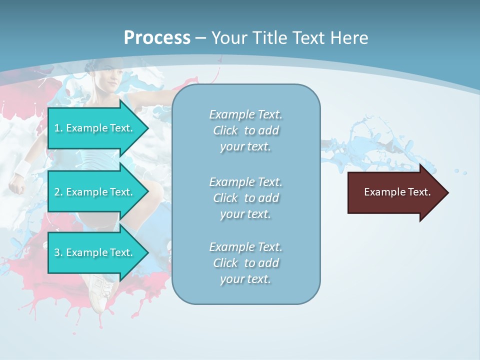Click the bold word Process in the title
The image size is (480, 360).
(x=157, y=38)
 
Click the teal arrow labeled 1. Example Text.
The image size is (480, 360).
(x=95, y=128)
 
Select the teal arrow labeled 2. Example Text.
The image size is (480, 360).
(x=95, y=192)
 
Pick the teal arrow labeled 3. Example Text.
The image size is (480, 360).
(x=95, y=252)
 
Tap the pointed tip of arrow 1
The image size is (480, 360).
(x=147, y=128)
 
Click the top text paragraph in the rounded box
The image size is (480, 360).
(x=245, y=130)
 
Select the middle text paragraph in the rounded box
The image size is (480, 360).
(x=245, y=198)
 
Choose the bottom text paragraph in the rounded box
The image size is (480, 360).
(x=245, y=263)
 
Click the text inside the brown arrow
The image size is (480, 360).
(x=397, y=192)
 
